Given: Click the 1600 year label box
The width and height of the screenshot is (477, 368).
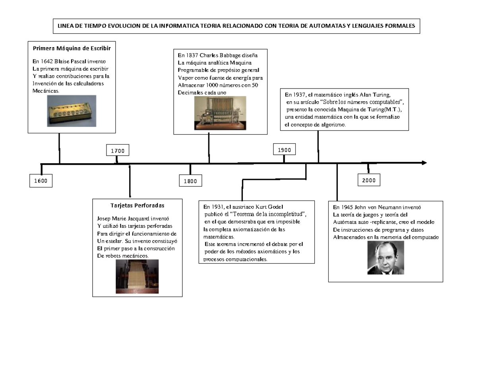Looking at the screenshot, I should pos(40,181).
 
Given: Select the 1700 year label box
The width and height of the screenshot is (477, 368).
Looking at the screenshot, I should pos(118,151).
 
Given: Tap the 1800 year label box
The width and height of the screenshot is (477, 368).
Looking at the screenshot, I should pos(190,181).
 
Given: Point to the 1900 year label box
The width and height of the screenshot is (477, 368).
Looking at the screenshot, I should pos(284,150).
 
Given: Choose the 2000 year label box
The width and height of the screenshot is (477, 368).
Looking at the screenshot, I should pos(368,180).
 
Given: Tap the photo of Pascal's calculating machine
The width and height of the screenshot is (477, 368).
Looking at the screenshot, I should pos(72,111).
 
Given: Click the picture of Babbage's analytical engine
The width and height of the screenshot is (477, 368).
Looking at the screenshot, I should pos(220,114).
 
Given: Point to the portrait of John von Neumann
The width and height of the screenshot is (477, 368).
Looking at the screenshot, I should pos(385,258).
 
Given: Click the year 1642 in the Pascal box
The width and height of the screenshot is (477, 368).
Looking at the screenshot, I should pos(47,61).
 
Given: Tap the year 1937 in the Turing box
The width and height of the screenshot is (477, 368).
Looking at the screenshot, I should pos(298,95).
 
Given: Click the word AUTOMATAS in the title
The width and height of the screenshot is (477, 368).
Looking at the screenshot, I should pos(328,27).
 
